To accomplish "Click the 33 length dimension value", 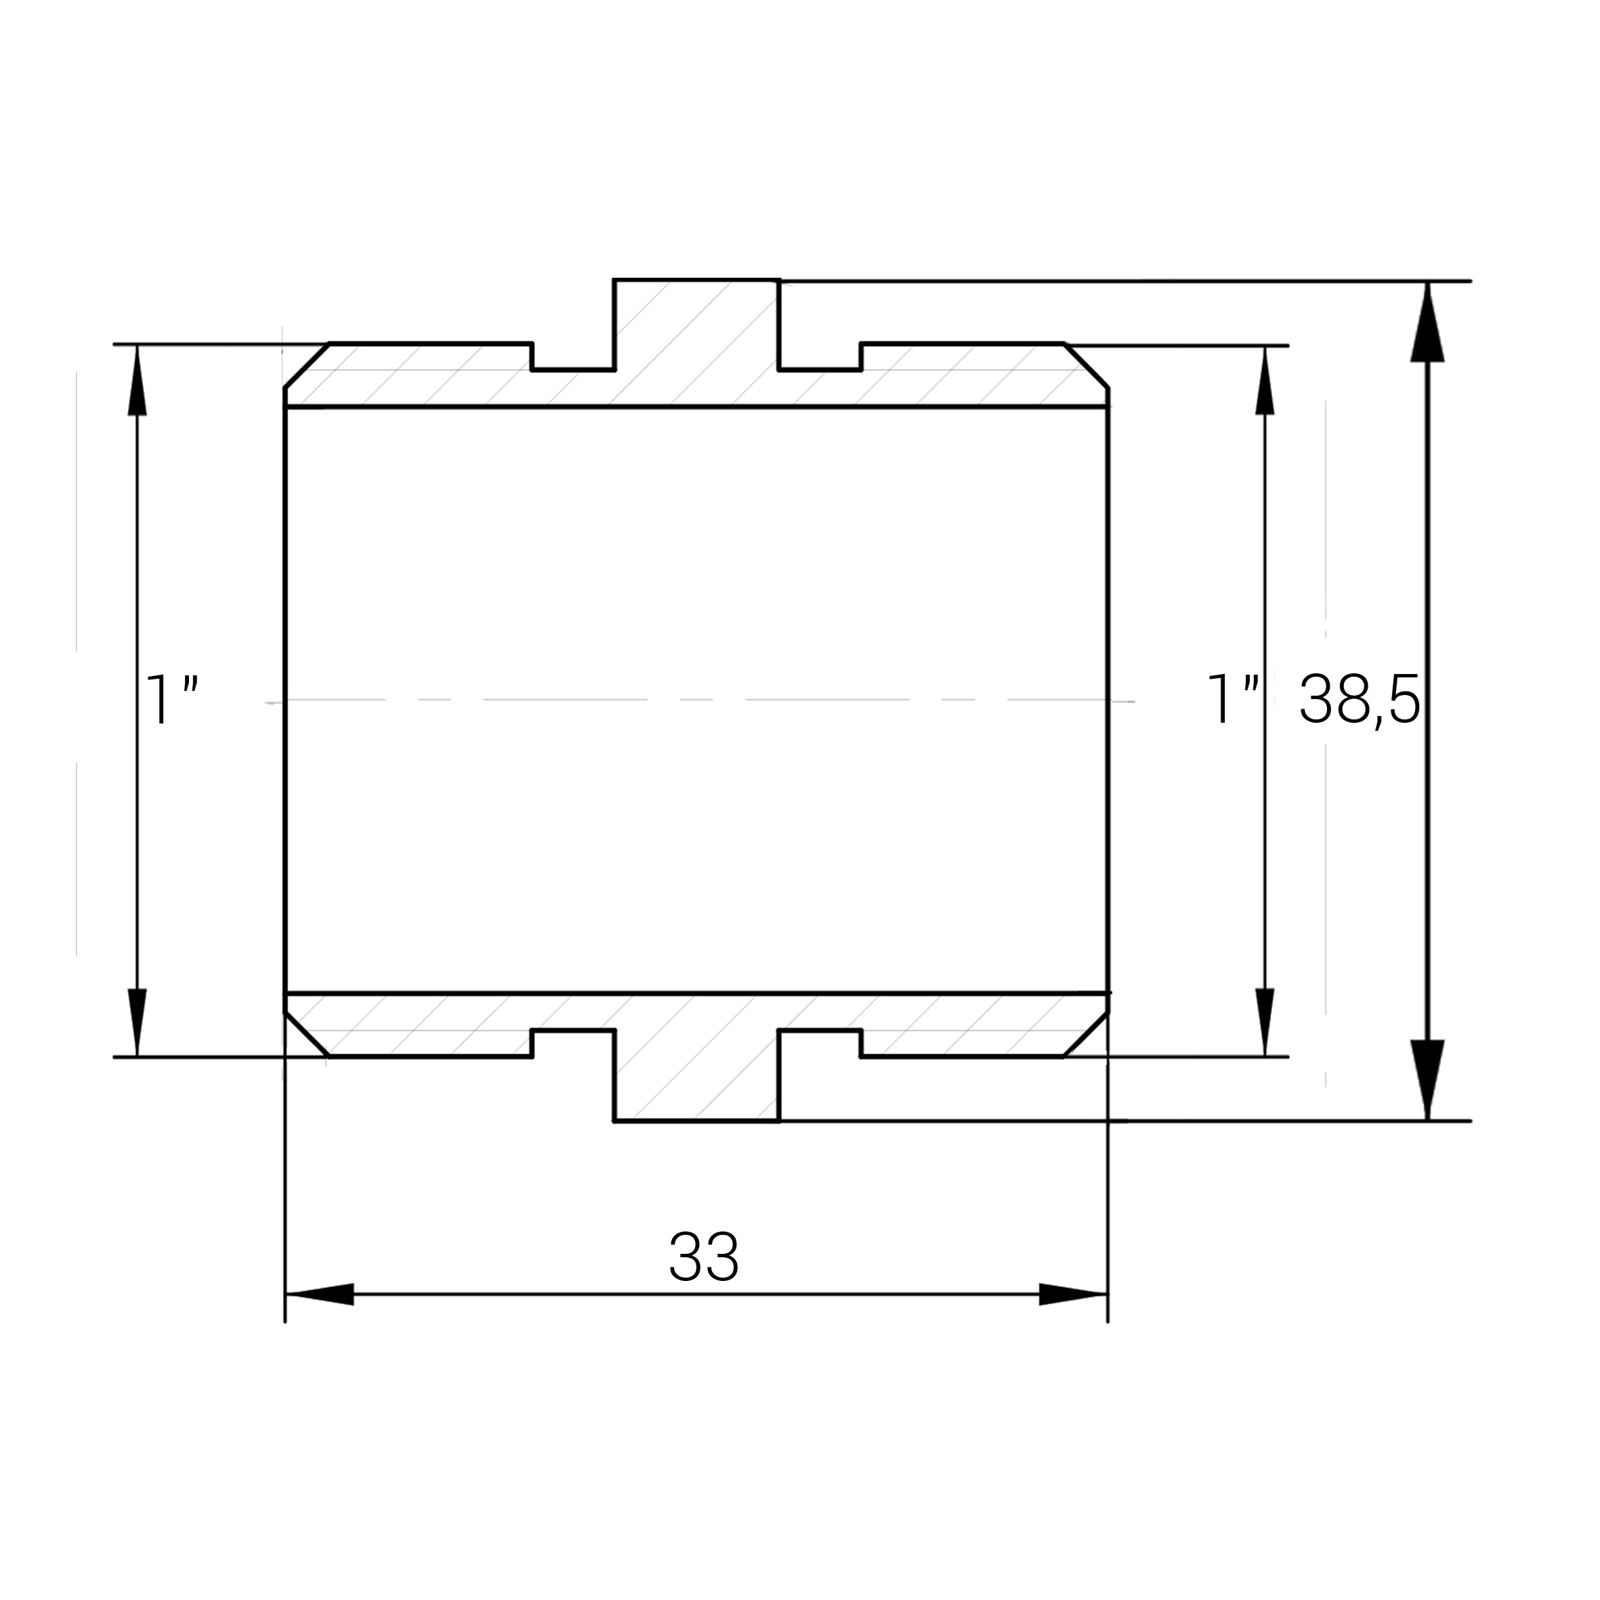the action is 703,1257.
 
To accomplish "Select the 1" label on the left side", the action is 171,700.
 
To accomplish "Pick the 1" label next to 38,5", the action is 1234,700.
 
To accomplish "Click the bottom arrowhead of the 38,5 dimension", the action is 1427,1080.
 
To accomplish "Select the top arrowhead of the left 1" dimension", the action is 137,379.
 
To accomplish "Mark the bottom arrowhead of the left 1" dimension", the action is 137,1023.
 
